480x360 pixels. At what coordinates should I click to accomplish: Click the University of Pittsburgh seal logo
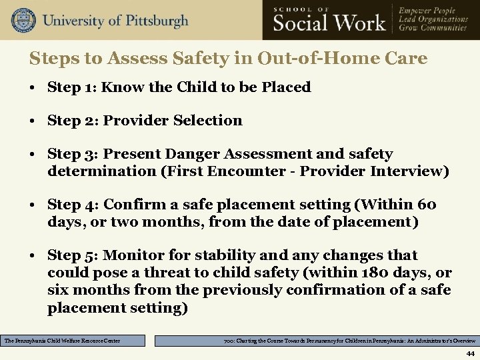[23, 20]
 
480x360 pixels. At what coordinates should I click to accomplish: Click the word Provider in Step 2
[135, 121]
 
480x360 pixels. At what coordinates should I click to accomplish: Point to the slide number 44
[470, 353]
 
